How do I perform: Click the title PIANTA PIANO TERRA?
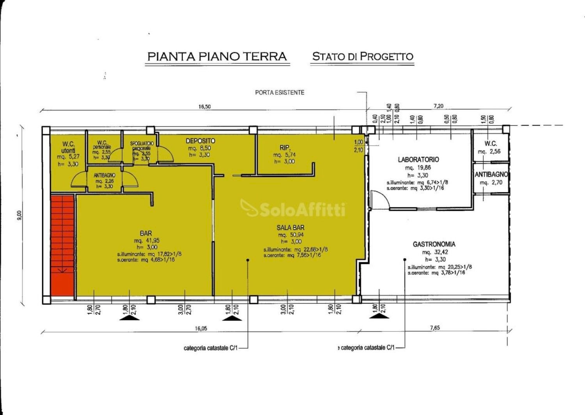[x=217, y=56]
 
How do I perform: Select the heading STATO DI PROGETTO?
[x=362, y=56]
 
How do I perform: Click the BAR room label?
[x=146, y=233]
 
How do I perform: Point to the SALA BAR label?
[x=290, y=228]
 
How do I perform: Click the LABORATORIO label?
[x=418, y=160]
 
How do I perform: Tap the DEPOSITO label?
[x=200, y=141]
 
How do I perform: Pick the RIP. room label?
[x=285, y=148]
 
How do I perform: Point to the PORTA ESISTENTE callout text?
[x=280, y=93]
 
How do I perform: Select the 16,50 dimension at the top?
[x=204, y=107]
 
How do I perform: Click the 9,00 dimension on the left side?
[x=19, y=216]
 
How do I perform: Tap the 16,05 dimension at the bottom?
[x=201, y=329]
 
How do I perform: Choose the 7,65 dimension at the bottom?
[x=435, y=328]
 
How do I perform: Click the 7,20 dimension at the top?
[x=438, y=106]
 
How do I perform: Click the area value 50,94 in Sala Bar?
[x=296, y=235]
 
